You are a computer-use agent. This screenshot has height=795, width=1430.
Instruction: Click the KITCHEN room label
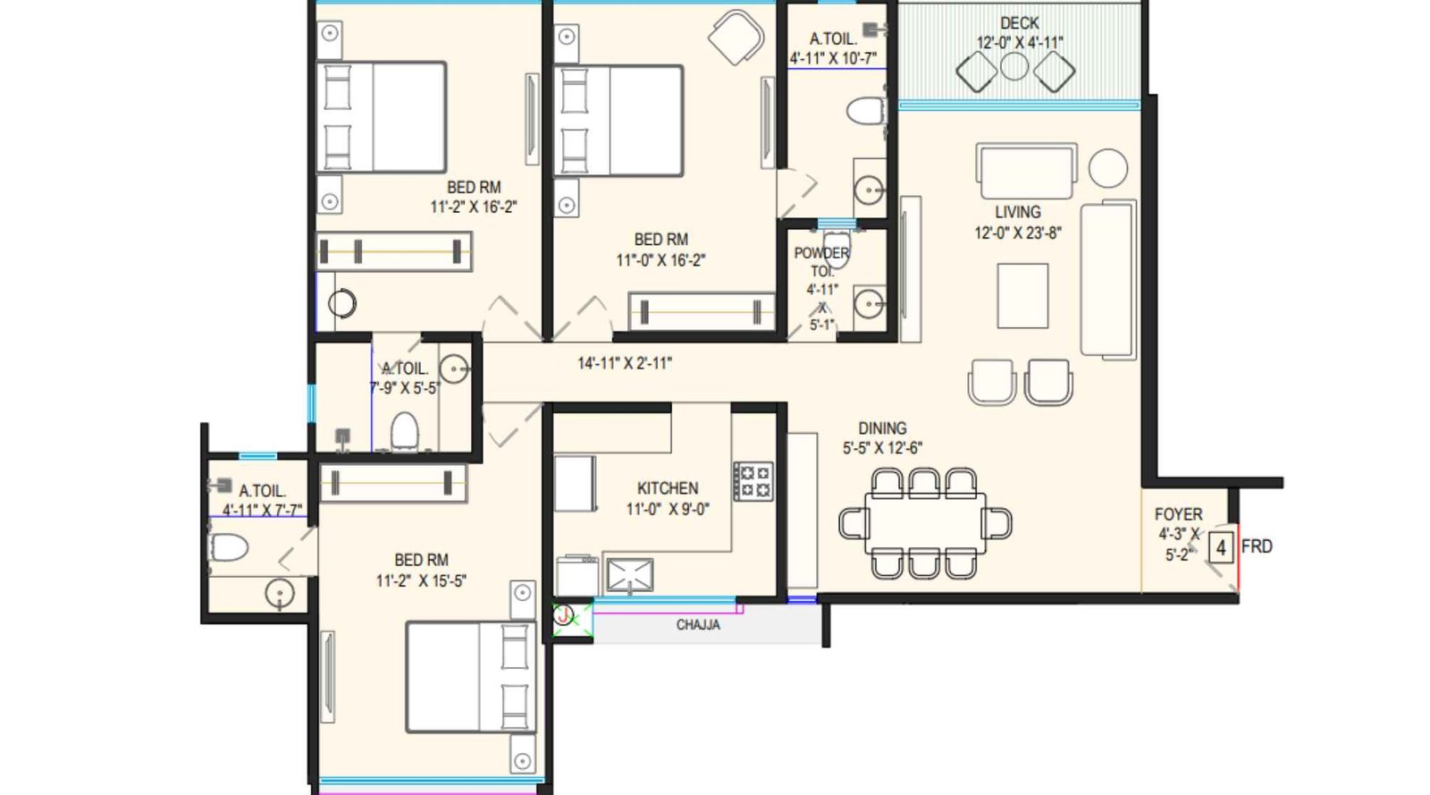pos(667,488)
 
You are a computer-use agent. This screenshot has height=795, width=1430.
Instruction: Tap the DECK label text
pos(1019,23)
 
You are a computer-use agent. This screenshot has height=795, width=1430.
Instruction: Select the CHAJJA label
pos(697,625)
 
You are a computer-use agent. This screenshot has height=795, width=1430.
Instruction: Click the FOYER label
pos(1178,514)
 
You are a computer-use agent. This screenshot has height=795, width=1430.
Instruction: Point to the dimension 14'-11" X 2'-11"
pos(624,363)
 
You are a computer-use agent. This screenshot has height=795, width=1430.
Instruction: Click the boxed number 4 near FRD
pos(1221,546)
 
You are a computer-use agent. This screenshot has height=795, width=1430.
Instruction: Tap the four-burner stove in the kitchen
pos(753,481)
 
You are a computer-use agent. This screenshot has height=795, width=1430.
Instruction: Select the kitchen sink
pos(629,575)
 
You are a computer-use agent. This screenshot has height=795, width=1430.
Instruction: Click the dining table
pos(925,522)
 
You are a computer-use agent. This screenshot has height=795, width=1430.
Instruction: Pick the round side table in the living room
pos(1107,167)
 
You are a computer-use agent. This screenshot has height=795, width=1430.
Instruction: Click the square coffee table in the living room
pos(1022,295)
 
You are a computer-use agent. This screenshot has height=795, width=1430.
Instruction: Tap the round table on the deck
pos(1014,66)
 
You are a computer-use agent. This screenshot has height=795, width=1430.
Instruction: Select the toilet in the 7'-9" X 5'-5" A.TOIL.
pos(404,431)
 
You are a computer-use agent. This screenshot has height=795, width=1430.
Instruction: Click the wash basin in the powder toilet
pos(868,304)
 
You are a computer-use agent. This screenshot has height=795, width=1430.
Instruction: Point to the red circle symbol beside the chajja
pos(563,615)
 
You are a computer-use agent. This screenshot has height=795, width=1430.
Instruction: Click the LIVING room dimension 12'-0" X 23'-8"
pos(1017,233)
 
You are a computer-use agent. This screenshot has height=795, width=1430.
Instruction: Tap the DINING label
pos(882,428)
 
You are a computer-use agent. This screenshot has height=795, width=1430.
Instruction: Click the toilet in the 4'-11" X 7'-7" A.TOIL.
pos(229,547)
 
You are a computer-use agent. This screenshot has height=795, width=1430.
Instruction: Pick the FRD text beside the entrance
pos(1256,546)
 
